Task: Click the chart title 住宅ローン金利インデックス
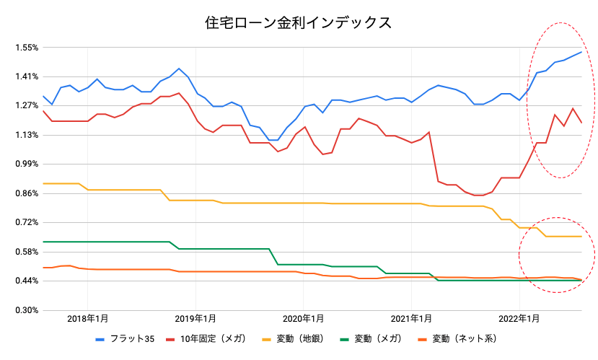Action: coord(299,23)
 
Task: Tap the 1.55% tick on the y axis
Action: coord(25,48)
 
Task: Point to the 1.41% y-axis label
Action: coord(25,77)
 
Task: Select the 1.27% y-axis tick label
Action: coord(25,106)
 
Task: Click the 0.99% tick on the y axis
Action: coord(25,164)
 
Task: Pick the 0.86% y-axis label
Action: coord(25,193)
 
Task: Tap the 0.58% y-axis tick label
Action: coord(25,252)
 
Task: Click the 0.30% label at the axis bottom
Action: coord(25,310)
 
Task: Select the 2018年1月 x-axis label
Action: coord(88,318)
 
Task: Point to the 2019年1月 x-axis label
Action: coord(195,318)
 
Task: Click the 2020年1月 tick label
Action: coord(304,318)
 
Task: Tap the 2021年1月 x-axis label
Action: coord(412,318)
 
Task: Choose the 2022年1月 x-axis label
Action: coord(519,318)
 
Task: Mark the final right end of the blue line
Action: coord(581,52)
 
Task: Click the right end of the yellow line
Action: coord(581,237)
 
